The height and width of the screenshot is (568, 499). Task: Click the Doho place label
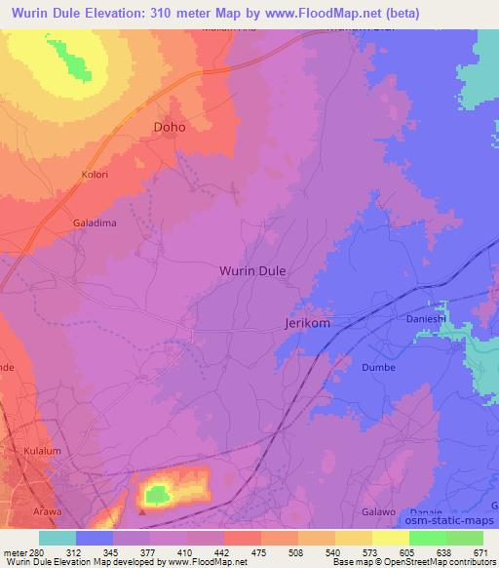pyautogui.click(x=170, y=127)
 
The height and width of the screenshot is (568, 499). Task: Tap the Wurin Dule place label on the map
pyautogui.click(x=252, y=273)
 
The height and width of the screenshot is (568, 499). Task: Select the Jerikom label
pyautogui.click(x=309, y=322)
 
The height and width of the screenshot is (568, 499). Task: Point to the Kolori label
pyautogui.click(x=96, y=175)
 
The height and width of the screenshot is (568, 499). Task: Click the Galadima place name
pyautogui.click(x=95, y=223)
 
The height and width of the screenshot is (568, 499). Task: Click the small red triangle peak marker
pyautogui.click(x=143, y=509)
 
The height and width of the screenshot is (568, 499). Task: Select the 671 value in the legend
pyautogui.click(x=481, y=551)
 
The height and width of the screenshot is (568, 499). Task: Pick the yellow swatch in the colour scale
pyautogui.click(x=390, y=538)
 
